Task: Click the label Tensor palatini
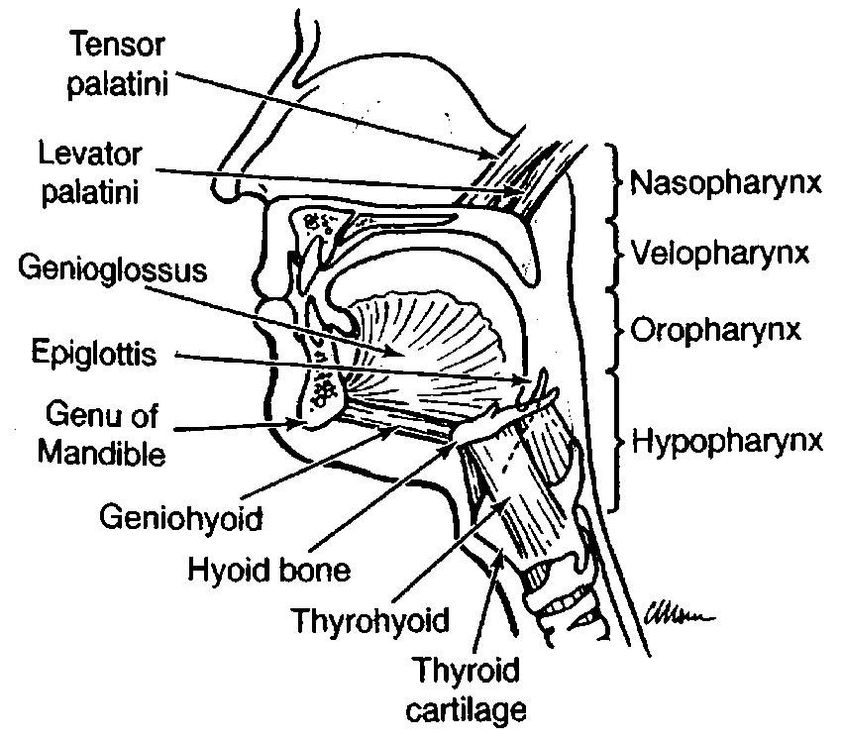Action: [118, 63]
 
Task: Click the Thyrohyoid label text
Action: [370, 621]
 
